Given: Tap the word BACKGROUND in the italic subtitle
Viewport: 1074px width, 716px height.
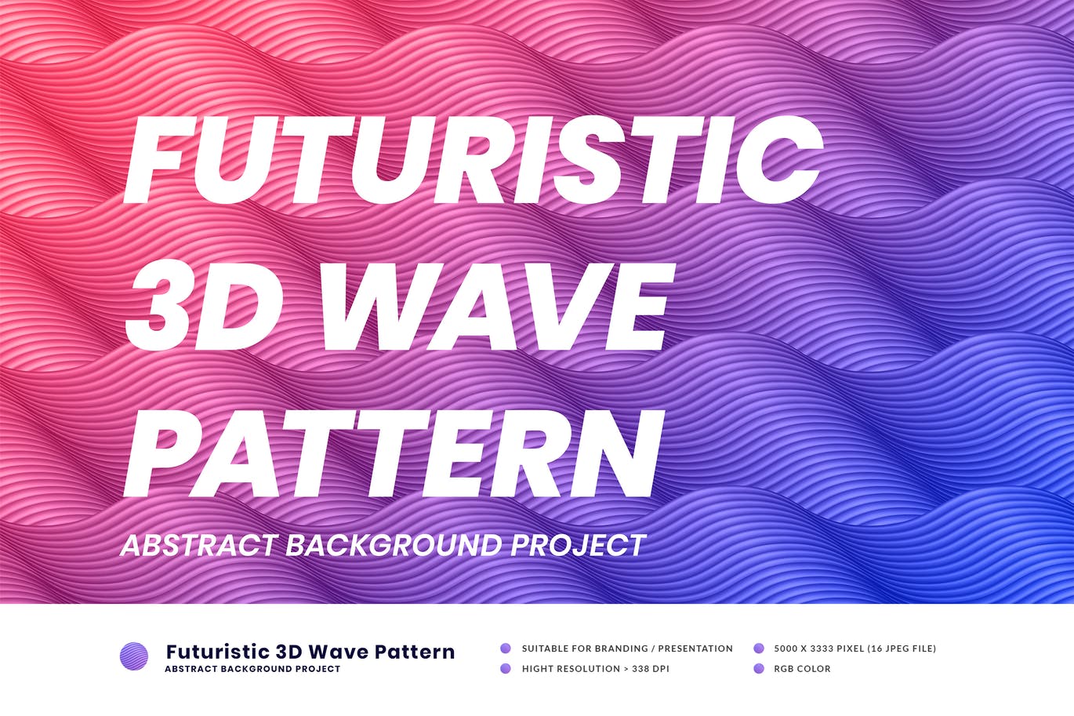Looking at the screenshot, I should click(393, 545).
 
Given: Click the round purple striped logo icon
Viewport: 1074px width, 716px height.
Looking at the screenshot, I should click(134, 656).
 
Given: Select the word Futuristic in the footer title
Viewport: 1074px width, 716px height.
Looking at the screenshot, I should click(218, 652).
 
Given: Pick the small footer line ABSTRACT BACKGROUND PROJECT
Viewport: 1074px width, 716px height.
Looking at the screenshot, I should click(252, 669).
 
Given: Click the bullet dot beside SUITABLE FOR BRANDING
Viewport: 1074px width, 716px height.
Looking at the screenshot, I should click(506, 649).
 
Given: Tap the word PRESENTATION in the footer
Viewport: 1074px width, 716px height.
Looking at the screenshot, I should click(695, 649).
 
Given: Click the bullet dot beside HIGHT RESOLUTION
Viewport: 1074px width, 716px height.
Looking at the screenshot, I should click(506, 669).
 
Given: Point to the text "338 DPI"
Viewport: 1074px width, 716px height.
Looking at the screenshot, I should click(649, 669).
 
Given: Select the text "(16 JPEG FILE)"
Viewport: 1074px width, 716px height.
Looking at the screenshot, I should click(902, 649).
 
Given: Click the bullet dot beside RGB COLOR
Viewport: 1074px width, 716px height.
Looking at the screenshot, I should click(759, 669).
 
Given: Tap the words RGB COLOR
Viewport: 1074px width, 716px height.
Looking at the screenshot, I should click(802, 669).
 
